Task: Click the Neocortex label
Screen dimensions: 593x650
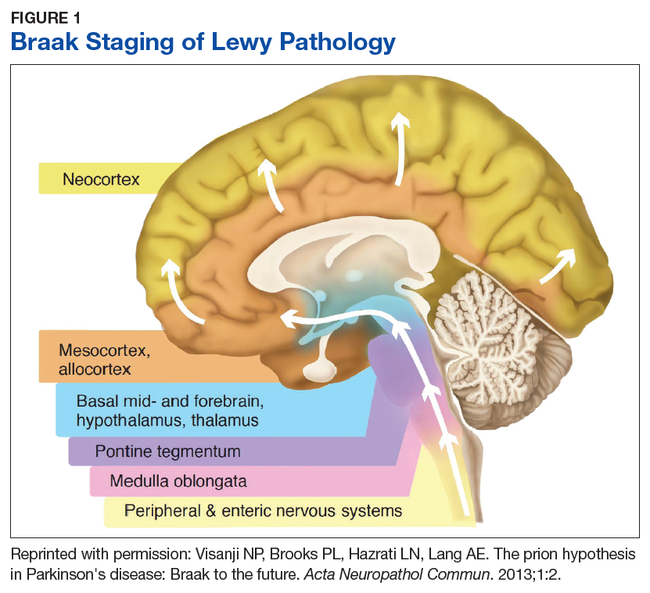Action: coord(101,179)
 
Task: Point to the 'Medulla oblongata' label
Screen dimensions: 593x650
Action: coord(178,481)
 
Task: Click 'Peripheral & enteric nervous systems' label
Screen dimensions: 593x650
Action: coord(263,512)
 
